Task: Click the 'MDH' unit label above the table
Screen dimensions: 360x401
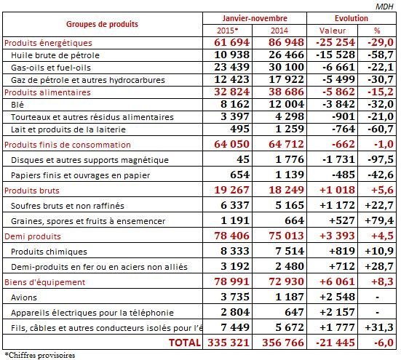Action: (386, 5)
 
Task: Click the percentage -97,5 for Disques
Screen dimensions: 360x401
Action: (378, 159)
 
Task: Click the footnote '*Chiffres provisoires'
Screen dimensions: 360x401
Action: (40, 355)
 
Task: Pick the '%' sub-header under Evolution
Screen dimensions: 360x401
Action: (377, 30)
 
